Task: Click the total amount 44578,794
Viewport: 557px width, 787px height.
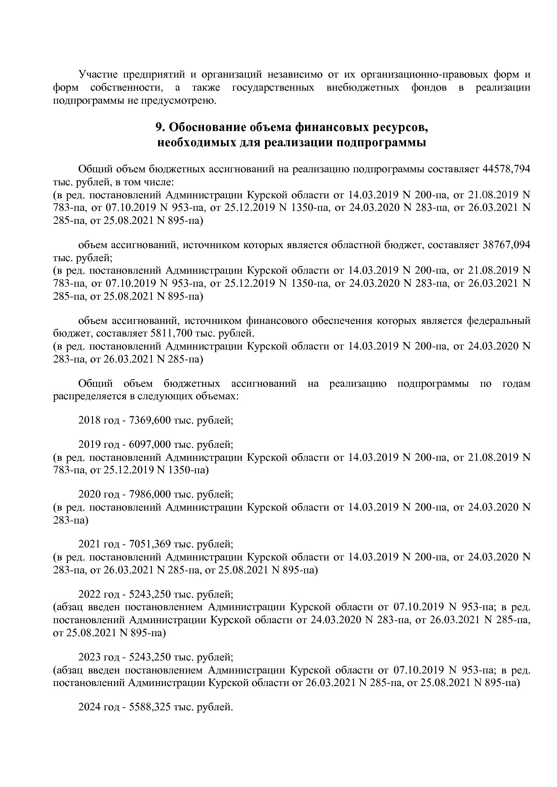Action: tap(506, 170)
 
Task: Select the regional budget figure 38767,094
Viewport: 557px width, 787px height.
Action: tap(506, 245)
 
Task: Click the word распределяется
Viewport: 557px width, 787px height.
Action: tap(89, 397)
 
